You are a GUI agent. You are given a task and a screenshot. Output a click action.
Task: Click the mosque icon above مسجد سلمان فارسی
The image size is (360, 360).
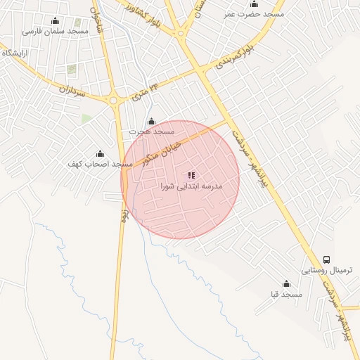56,20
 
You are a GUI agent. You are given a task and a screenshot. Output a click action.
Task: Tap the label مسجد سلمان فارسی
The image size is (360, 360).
56,32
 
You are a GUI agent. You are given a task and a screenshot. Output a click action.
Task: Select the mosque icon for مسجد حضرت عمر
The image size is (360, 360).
254,4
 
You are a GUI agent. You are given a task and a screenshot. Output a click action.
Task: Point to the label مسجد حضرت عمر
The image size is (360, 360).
253,14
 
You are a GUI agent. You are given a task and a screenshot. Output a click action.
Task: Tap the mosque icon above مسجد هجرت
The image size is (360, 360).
151,122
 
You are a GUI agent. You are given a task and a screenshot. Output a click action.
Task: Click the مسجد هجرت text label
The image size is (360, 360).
151,132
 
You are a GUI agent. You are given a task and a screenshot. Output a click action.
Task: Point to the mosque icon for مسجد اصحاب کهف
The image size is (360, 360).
100,154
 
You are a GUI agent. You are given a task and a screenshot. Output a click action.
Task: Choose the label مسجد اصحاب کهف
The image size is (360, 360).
100,165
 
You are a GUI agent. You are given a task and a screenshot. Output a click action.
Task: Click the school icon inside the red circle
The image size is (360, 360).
191,175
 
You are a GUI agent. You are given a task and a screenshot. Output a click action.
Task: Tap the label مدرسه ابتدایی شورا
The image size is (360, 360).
191,187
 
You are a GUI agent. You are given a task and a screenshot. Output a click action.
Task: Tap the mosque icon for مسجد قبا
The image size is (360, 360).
286,284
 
